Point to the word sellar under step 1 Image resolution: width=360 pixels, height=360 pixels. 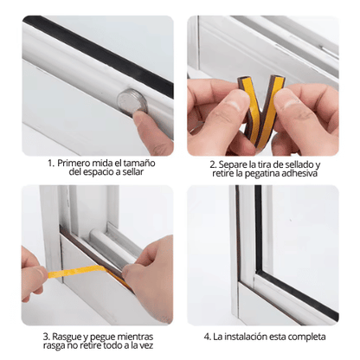click(130, 172)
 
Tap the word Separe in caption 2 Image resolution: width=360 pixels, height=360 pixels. click(237, 164)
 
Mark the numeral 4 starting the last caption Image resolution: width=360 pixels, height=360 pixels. click(205, 336)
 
